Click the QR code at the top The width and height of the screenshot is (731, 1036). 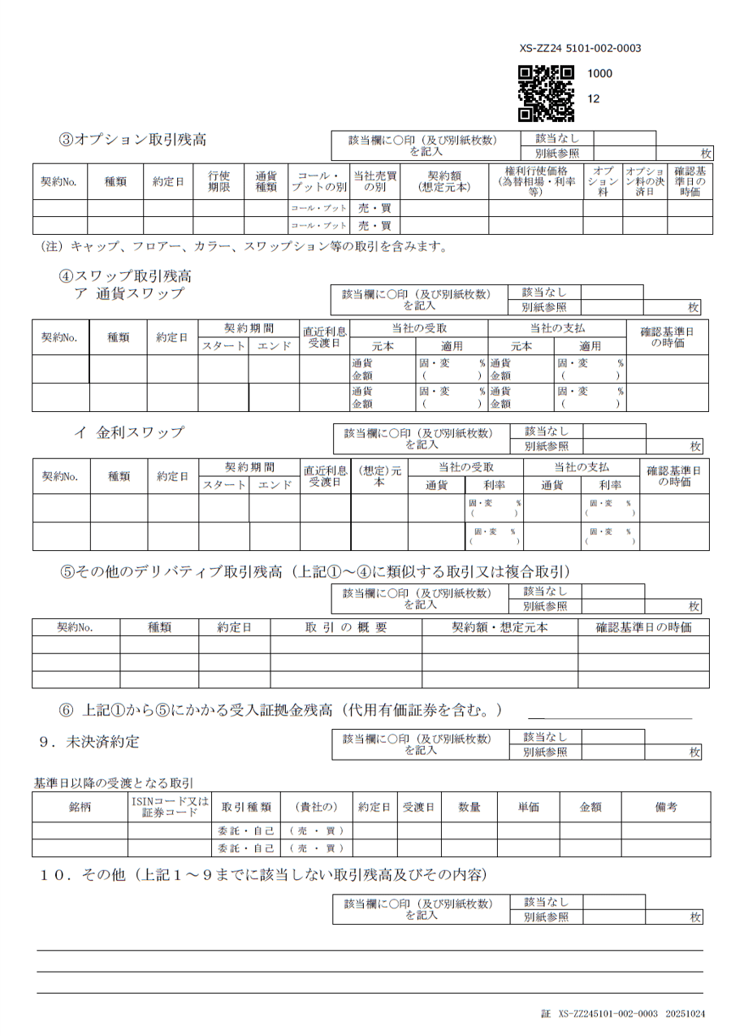[x=546, y=93]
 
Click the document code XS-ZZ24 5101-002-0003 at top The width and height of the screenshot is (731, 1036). [x=580, y=48]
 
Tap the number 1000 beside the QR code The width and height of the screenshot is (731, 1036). [x=599, y=73]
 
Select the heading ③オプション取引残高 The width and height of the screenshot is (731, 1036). [x=132, y=139]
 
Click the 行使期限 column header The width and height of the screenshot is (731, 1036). [x=218, y=181]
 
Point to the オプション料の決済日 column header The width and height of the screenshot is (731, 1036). [x=644, y=181]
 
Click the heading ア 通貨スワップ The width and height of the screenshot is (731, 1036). [x=128, y=293]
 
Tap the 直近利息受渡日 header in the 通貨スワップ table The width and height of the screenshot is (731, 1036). [x=325, y=337]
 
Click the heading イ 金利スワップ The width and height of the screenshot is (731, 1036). [x=128, y=432]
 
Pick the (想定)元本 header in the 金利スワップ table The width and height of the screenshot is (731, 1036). [x=378, y=476]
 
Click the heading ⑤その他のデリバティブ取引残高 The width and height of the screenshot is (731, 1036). [x=315, y=571]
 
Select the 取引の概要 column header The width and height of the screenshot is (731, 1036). [x=345, y=627]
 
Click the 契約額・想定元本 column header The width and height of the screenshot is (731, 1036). [x=500, y=627]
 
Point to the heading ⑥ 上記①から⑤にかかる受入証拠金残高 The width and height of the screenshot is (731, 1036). [x=280, y=709]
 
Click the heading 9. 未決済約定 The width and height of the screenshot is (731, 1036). [x=89, y=741]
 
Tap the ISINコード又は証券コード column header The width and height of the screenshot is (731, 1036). [x=170, y=807]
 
